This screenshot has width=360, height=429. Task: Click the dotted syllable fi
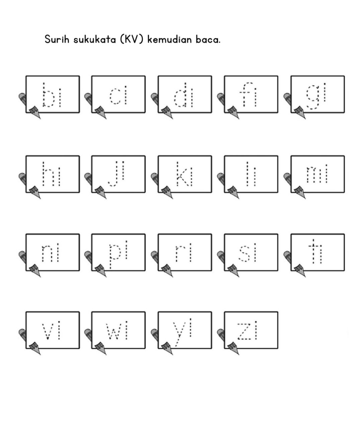(x=250, y=95)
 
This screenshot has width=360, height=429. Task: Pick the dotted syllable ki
(x=185, y=174)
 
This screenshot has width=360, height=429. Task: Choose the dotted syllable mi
(x=317, y=174)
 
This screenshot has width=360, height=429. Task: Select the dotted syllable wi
(x=117, y=331)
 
